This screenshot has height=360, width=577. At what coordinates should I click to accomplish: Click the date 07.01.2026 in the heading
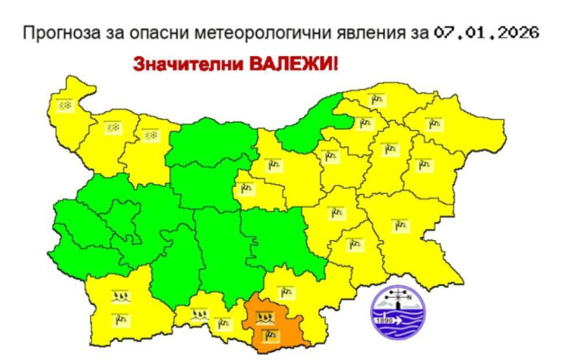pyautogui.click(x=486, y=32)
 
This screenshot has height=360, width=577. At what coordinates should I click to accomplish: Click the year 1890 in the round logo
pyautogui.click(x=383, y=320)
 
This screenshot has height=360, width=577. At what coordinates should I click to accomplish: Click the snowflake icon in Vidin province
pyautogui.click(x=65, y=106)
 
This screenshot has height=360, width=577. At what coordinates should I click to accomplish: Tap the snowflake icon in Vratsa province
pyautogui.click(x=151, y=134)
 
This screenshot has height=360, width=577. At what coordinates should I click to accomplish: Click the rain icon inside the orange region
pyautogui.click(x=265, y=318)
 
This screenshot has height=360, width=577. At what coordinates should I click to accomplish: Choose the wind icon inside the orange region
pyautogui.click(x=265, y=338)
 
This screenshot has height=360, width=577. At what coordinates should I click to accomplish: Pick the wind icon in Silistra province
pyautogui.click(x=380, y=99)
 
